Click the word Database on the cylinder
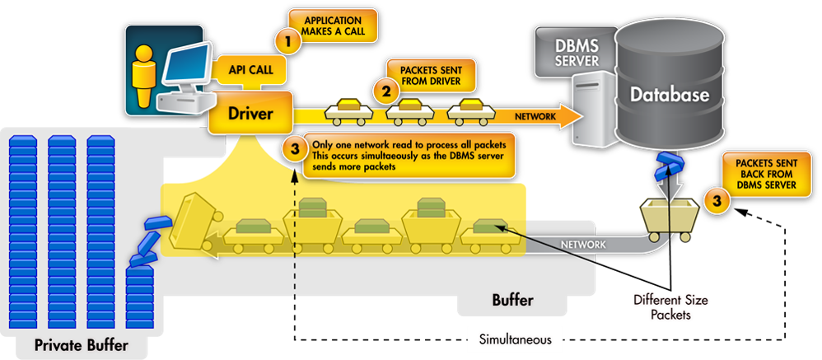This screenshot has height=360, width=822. pos(669,95)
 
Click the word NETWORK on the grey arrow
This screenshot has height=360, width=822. pos(584,245)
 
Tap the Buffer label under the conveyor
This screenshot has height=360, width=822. pos(512,301)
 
